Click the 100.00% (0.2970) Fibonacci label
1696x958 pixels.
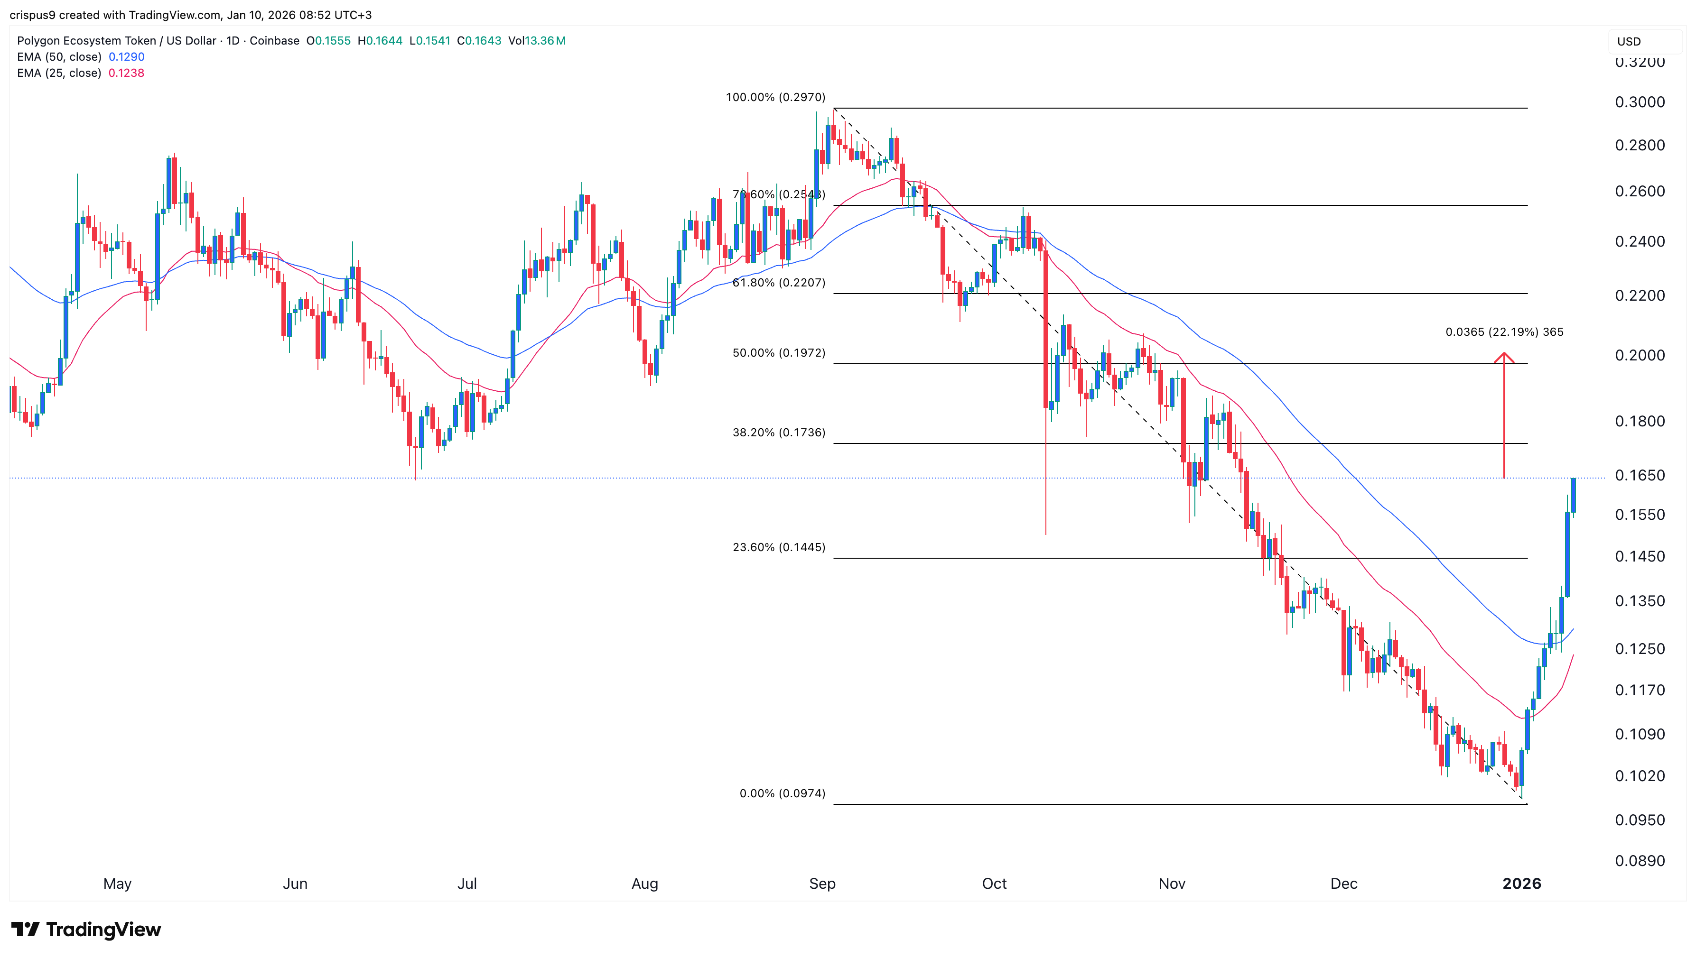point(775,97)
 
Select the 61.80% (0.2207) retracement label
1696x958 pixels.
point(778,283)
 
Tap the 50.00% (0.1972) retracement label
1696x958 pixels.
point(778,353)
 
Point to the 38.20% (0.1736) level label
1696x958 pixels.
point(778,433)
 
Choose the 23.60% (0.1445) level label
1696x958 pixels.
point(778,547)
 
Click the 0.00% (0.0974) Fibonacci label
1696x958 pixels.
point(782,793)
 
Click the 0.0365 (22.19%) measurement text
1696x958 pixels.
point(1504,332)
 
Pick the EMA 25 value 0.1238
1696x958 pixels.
point(126,73)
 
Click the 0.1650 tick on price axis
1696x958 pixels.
point(1640,476)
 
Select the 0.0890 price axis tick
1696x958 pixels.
point(1640,861)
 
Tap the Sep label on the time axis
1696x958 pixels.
point(822,884)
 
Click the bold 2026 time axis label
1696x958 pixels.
point(1521,884)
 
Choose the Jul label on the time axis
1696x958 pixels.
point(467,884)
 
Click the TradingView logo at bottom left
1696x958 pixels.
point(86,930)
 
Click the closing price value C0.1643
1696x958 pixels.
point(479,41)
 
